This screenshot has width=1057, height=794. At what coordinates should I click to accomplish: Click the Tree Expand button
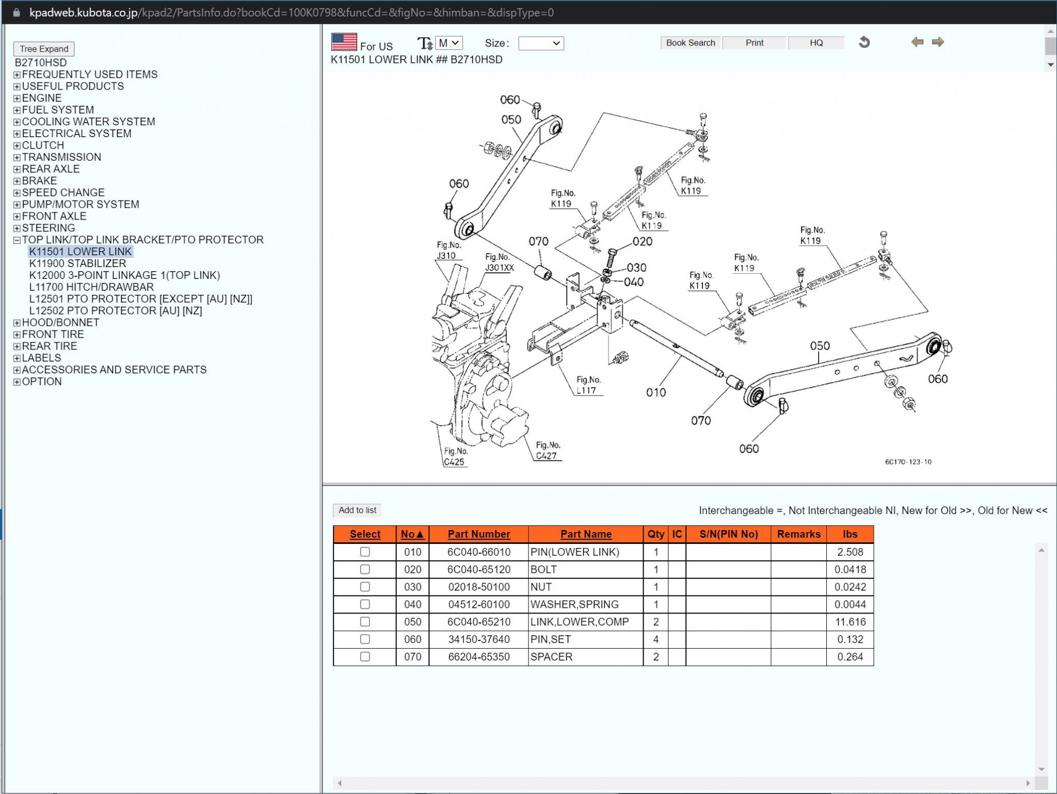(x=44, y=49)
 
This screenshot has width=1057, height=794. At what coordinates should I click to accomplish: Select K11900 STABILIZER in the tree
(x=77, y=263)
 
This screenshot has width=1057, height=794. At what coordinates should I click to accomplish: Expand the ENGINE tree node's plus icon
(x=17, y=98)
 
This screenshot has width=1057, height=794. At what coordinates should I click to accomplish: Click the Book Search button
(x=690, y=43)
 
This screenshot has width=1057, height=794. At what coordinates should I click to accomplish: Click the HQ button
(x=816, y=43)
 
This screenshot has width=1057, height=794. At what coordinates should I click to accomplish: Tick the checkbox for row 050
(x=365, y=622)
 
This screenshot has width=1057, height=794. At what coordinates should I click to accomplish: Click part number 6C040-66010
(x=478, y=552)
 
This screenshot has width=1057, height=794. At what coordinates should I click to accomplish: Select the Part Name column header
(x=586, y=534)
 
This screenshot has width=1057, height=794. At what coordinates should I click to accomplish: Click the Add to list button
(x=357, y=510)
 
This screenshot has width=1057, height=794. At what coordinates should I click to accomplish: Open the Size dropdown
(x=540, y=43)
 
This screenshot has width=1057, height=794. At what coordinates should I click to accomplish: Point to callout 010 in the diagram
(x=655, y=392)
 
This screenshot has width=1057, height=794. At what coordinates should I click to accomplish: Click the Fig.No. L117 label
(x=588, y=385)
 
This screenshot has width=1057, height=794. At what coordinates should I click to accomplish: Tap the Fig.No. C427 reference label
(x=547, y=450)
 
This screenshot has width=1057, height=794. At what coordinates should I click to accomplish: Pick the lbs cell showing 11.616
(x=850, y=622)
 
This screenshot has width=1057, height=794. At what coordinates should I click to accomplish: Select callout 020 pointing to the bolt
(x=642, y=241)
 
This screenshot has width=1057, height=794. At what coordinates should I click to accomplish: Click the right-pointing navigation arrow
(x=938, y=42)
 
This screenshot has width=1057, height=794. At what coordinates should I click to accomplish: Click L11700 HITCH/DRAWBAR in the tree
(x=91, y=287)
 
